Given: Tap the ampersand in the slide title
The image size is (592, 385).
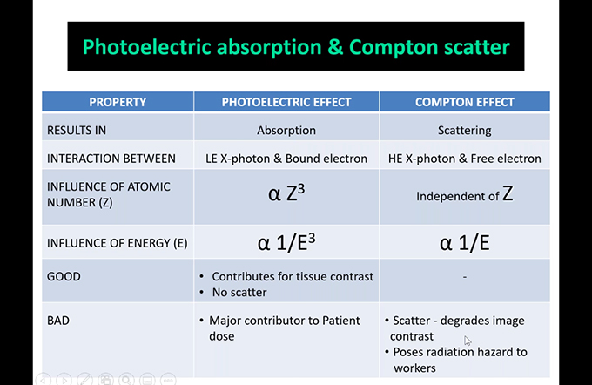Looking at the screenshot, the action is tap(335, 47).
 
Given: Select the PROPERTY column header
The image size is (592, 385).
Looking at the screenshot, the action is tap(118, 102).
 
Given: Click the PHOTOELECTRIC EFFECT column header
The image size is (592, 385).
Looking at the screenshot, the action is tap(286, 102).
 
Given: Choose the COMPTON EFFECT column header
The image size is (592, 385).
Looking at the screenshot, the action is tap(464, 102).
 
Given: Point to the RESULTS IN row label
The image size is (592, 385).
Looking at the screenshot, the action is tap(77, 131).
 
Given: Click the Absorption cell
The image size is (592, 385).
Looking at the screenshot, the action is tap(286, 131).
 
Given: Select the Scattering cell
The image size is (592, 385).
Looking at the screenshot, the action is tap(464, 131).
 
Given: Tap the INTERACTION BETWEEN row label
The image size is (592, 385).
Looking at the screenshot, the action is tap(111, 159).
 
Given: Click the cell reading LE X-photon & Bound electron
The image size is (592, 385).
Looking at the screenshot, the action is tap(286, 159).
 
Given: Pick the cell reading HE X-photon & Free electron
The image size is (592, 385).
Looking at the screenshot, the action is tap(464, 159).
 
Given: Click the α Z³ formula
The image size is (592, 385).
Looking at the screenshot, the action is tap(286, 192).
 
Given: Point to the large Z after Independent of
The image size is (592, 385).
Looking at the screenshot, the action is tap(508, 193).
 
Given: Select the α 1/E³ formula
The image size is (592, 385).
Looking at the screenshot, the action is tap(286, 242).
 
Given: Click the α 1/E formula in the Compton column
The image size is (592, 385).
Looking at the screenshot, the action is tap(464, 243).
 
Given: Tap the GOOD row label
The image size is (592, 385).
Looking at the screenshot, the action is tap(64, 277).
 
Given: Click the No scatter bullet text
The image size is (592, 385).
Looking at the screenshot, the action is tap(239, 293).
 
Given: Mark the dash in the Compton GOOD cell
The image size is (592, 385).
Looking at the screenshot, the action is tap(464, 277).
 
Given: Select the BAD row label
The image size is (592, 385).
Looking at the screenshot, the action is tap(58, 321).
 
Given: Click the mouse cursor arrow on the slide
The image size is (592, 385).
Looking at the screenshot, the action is tap(468, 341).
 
